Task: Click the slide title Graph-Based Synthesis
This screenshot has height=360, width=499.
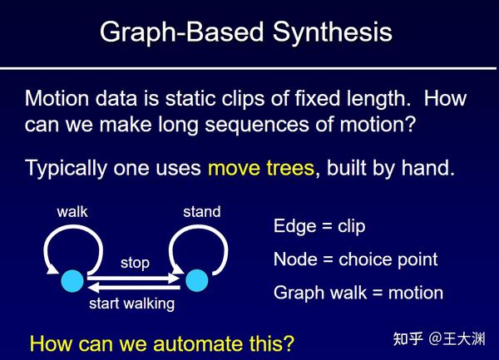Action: coord(245,32)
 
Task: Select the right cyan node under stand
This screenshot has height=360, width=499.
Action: coord(196,281)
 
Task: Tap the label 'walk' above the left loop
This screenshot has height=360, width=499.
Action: coord(72,212)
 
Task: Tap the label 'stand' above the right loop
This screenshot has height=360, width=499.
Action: coord(201,212)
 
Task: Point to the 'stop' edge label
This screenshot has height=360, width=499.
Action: coord(135,263)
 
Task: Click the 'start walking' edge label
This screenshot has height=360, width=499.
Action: coord(132,303)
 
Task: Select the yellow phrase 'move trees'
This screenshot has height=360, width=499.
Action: coord(260,168)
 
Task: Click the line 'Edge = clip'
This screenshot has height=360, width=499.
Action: coord(319,226)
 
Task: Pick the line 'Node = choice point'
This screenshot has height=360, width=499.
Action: coord(355,259)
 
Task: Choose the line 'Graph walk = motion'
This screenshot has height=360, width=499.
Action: coord(358,293)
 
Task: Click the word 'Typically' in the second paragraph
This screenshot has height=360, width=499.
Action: coord(63,169)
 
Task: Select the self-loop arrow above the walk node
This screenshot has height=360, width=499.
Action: coord(72,240)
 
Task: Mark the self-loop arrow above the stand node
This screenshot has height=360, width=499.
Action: coord(200,240)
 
